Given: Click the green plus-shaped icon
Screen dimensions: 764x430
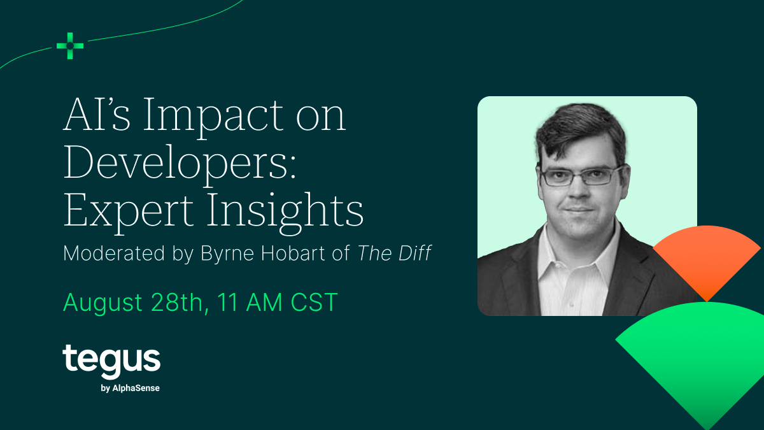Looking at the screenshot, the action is [x=70, y=46].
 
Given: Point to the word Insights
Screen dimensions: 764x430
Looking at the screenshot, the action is [x=285, y=212].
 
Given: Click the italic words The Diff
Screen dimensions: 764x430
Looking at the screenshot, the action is [x=394, y=253].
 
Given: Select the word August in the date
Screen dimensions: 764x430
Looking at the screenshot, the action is [x=103, y=303].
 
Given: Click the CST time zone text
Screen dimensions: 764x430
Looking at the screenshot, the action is [x=314, y=302].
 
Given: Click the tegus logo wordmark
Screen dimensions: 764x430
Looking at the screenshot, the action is [x=111, y=362].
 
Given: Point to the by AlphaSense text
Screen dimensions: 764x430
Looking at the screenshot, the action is [x=131, y=389].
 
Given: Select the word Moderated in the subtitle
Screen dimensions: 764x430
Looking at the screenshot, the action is [x=114, y=253].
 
